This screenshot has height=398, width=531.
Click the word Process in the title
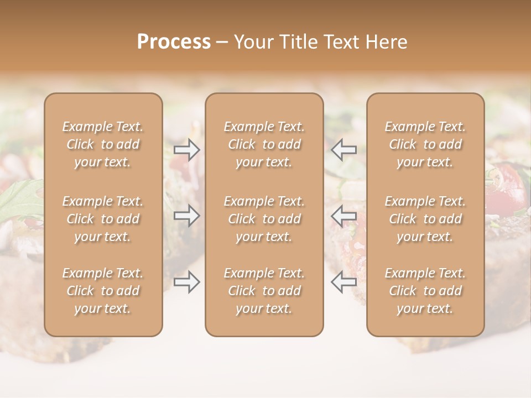pyautogui.click(x=174, y=42)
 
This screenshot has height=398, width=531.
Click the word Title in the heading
pyautogui.click(x=299, y=42)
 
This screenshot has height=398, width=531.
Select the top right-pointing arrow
pyautogui.click(x=187, y=149)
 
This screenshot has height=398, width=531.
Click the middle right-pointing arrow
pyautogui.click(x=187, y=215)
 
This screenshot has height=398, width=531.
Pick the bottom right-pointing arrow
pyautogui.click(x=187, y=282)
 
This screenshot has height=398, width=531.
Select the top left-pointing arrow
pyautogui.click(x=343, y=149)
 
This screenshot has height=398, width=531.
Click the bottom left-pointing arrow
pyautogui.click(x=343, y=282)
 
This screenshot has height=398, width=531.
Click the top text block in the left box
pyautogui.click(x=103, y=144)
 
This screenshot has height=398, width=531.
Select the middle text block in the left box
pyautogui.click(x=103, y=219)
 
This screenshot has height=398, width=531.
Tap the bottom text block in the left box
pyautogui.click(x=103, y=291)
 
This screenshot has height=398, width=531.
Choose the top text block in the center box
pyautogui.click(x=264, y=144)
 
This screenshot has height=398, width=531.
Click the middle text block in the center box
pyautogui.click(x=264, y=219)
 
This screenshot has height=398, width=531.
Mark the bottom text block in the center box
pyautogui.click(x=264, y=291)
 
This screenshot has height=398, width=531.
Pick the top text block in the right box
pyautogui.click(x=425, y=144)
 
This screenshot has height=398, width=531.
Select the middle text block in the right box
pyautogui.click(x=425, y=219)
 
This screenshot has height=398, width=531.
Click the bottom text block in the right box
pyautogui.click(x=425, y=291)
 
